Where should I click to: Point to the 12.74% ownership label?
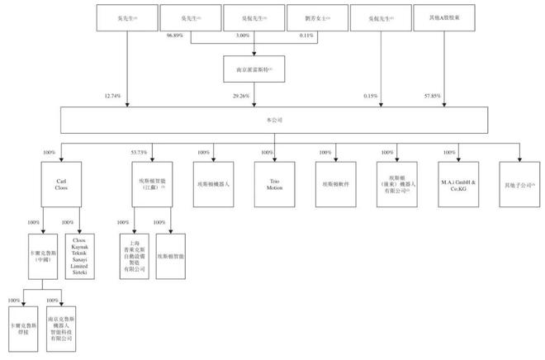coord(112,97)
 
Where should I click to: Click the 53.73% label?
coord(137,152)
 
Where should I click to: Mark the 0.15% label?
coord(369,97)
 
